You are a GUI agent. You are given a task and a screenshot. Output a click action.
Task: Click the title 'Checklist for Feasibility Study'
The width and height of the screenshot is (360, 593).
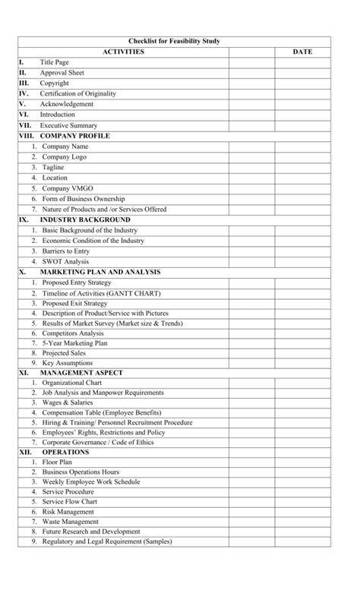(174, 41)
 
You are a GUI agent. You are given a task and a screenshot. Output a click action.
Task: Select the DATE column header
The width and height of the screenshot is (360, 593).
(302, 52)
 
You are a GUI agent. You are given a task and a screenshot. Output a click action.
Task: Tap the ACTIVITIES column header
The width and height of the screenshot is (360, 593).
(123, 52)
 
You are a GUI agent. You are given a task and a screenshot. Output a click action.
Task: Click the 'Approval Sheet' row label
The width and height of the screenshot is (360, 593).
(62, 73)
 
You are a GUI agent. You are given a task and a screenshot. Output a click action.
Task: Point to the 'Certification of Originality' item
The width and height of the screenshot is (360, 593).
(78, 93)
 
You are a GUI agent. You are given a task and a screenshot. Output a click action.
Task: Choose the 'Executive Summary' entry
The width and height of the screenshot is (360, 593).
(68, 125)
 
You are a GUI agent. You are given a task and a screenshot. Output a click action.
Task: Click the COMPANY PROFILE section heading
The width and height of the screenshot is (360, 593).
(74, 136)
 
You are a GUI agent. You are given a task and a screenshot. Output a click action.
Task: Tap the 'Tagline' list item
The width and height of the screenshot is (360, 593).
(53, 167)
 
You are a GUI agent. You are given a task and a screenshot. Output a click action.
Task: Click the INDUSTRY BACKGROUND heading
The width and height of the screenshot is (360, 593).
(85, 219)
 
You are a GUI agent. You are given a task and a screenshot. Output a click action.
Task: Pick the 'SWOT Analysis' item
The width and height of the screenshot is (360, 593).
(65, 261)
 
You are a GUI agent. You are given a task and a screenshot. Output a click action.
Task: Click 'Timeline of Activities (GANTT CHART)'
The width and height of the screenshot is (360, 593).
(101, 293)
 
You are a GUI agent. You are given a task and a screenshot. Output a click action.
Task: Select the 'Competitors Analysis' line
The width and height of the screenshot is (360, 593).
(73, 333)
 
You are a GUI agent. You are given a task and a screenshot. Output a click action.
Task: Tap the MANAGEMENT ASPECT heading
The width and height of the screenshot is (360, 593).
(81, 373)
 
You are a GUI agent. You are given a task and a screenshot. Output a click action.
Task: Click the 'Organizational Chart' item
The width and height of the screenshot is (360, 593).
(71, 383)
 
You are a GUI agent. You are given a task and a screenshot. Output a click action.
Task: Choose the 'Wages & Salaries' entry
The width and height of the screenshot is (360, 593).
(68, 402)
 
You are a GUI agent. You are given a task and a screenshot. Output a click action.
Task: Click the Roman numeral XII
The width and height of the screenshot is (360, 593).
(24, 452)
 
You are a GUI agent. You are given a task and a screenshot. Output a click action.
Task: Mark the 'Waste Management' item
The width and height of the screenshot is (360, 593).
(70, 522)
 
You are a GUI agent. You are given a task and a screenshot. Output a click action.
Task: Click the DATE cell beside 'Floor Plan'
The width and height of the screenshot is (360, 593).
(302, 462)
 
